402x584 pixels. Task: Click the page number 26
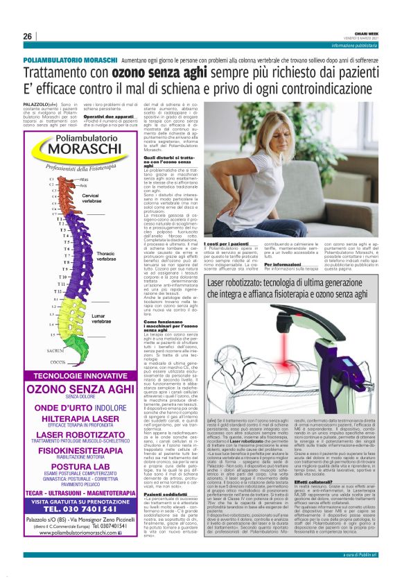pyautogui.click(x=27, y=36)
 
